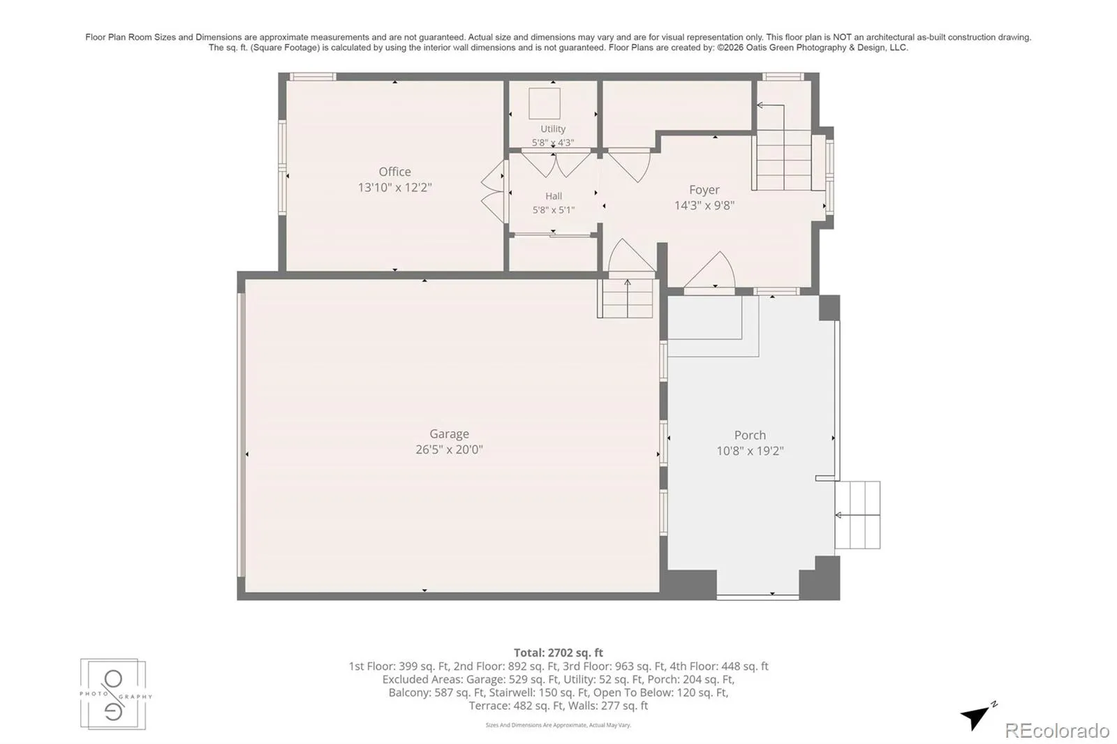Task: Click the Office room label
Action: click(394, 172)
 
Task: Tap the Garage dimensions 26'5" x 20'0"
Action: click(450, 449)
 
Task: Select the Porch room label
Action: click(750, 435)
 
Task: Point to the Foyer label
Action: click(704, 190)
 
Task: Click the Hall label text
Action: click(554, 196)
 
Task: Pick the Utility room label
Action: click(553, 128)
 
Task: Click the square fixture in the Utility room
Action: click(545, 103)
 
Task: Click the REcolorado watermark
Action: click(1057, 730)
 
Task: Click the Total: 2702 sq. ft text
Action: click(558, 653)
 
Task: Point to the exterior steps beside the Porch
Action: click(858, 514)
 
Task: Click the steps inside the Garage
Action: click(626, 298)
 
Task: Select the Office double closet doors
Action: click(493, 191)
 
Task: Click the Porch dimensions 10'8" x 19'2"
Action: click(750, 451)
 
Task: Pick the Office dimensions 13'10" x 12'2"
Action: click(394, 188)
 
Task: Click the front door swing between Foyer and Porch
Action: click(709, 270)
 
